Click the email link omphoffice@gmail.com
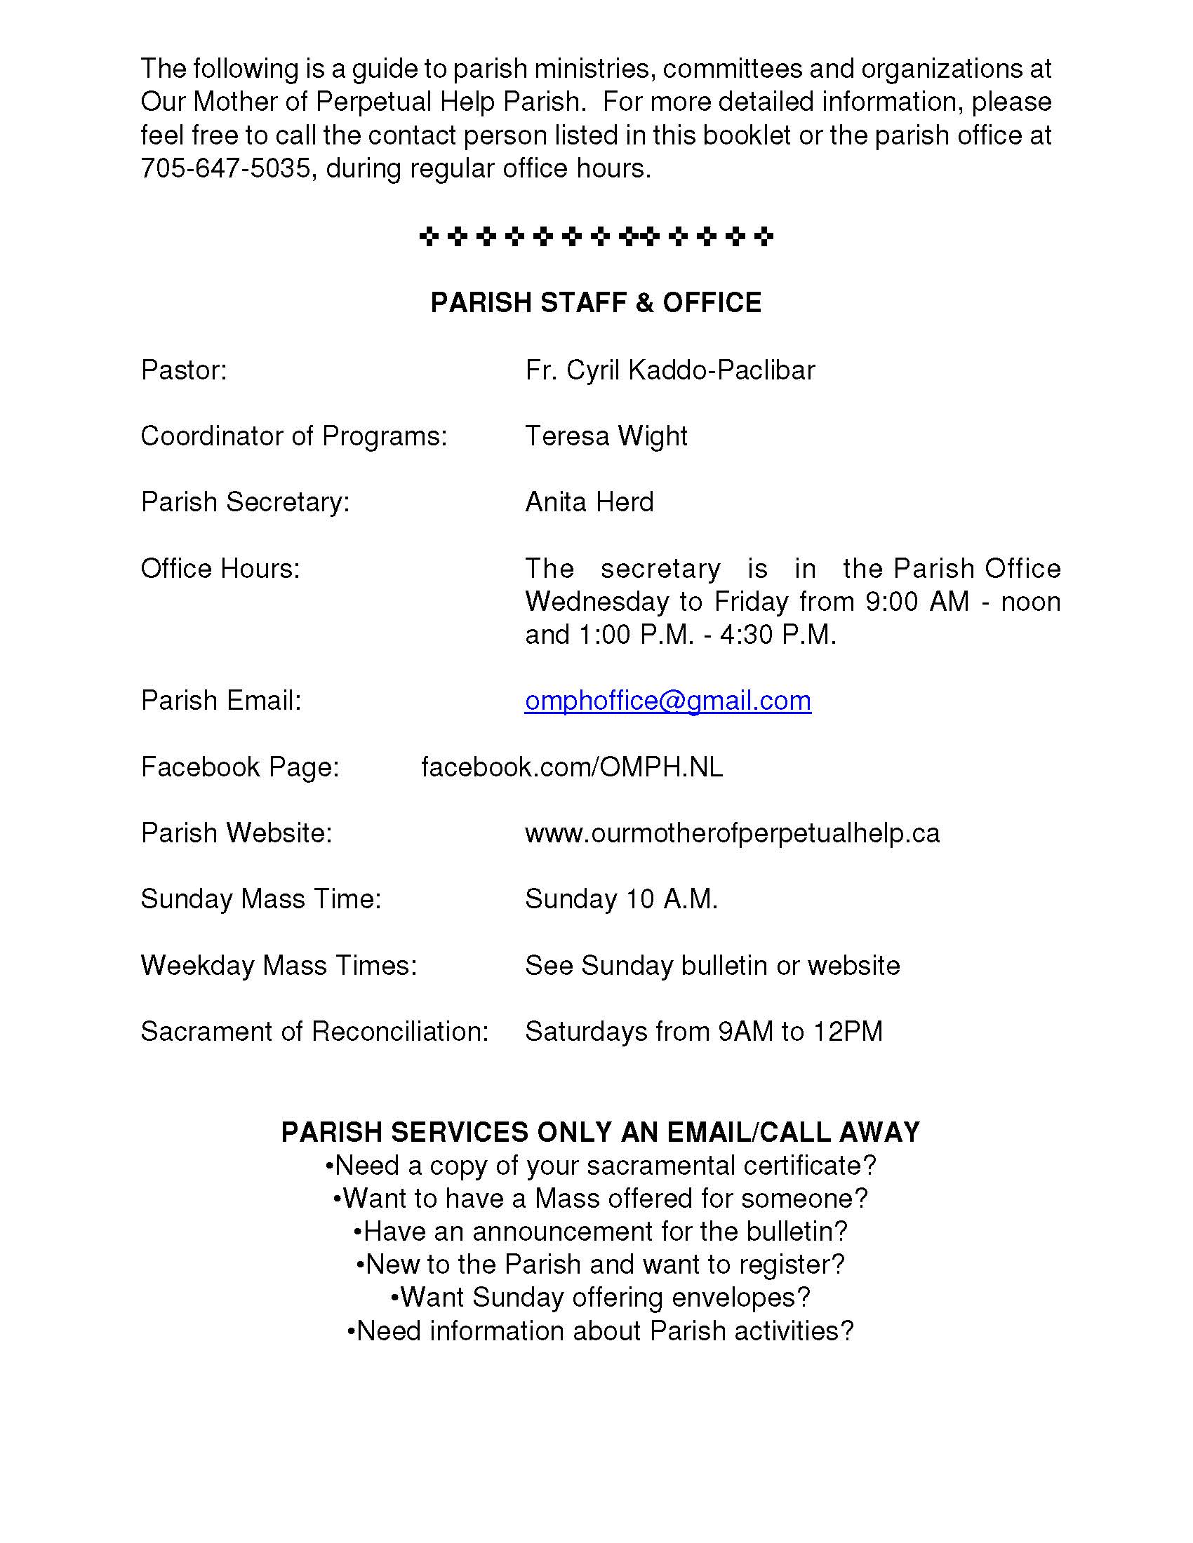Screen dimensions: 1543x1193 (x=667, y=701)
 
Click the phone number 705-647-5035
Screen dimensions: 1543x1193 (x=225, y=168)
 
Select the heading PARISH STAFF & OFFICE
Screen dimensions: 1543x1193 (x=596, y=302)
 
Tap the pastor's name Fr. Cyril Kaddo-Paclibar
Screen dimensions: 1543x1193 (x=669, y=370)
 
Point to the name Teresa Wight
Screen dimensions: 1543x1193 (x=606, y=437)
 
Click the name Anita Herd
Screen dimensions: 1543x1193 (x=589, y=502)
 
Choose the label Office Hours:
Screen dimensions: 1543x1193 (x=220, y=569)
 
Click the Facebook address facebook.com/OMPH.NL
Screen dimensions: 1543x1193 (x=572, y=767)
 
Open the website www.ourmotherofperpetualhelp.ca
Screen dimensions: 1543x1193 (x=732, y=834)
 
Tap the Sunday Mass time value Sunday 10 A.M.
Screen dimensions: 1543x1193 (x=621, y=899)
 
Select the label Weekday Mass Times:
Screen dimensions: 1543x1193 (x=279, y=966)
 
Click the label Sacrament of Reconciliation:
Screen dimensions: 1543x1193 (x=314, y=1032)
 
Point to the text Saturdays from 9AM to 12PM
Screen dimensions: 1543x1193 (x=704, y=1032)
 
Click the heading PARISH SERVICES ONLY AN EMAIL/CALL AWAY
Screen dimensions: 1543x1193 (x=600, y=1133)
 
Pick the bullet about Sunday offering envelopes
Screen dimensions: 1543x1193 (x=600, y=1297)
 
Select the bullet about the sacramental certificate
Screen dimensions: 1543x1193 (x=600, y=1165)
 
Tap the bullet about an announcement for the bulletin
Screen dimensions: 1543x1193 (x=600, y=1232)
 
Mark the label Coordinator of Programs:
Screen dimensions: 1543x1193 (x=294, y=437)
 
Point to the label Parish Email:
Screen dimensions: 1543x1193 (x=221, y=701)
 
